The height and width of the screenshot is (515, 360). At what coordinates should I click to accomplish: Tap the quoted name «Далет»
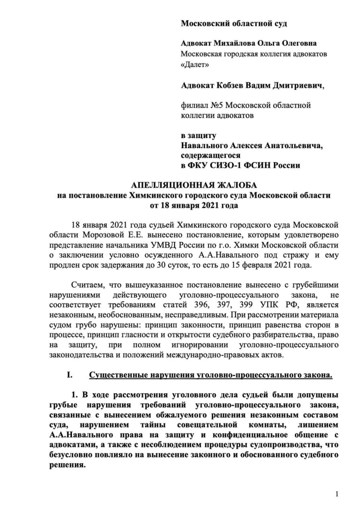coord(195,64)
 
